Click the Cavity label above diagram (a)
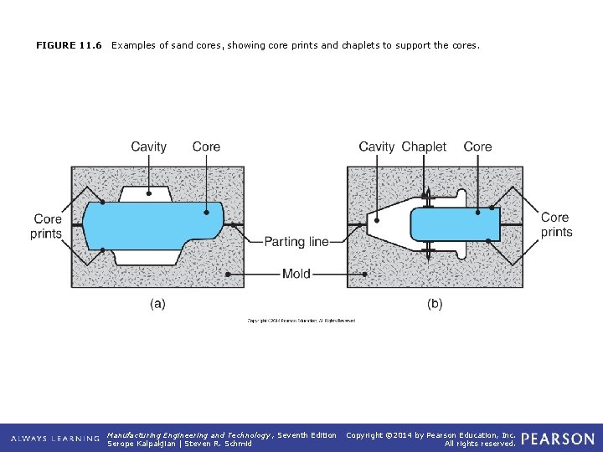coord(148,146)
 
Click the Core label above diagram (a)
coord(206,146)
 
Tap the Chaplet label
coord(424,146)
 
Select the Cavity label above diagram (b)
coord(376,146)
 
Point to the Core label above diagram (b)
coord(477,146)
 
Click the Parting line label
coord(296,242)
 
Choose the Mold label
coord(296,274)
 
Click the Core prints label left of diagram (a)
coord(47,226)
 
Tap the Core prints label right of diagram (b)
coord(556,224)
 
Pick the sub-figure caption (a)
coord(157,304)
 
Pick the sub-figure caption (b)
coord(435,304)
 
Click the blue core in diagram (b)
coord(452,224)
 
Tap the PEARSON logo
coord(557,439)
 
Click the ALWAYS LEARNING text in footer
coord(55,439)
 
